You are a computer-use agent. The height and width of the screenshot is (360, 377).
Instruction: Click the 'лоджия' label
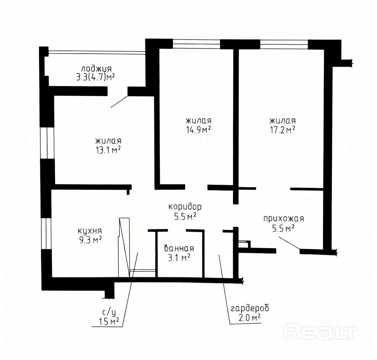[96, 69]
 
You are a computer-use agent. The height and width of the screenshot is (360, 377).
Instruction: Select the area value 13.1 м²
[108, 150]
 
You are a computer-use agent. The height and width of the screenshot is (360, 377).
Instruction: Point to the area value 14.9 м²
[199, 130]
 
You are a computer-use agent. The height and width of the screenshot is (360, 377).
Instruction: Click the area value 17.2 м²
[282, 130]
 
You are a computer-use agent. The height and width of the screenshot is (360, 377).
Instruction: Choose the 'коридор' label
[185, 207]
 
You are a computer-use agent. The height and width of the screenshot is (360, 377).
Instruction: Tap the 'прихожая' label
[284, 219]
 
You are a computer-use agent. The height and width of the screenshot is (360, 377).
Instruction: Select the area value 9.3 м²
[90, 240]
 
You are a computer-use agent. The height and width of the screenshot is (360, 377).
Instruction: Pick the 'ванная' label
[179, 248]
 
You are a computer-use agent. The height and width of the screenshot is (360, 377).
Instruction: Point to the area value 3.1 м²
[179, 258]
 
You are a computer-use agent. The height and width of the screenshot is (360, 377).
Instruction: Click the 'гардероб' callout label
[250, 309]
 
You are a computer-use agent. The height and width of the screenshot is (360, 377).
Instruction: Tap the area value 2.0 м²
[250, 318]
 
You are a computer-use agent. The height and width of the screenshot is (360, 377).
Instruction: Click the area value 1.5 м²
[109, 321]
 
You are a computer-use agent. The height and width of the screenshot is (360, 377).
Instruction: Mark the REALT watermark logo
[320, 332]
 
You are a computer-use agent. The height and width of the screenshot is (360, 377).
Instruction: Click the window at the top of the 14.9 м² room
[197, 44]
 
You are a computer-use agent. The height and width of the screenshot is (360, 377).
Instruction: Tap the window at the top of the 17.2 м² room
[284, 44]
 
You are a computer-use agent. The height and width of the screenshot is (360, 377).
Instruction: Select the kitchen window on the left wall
[46, 233]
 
